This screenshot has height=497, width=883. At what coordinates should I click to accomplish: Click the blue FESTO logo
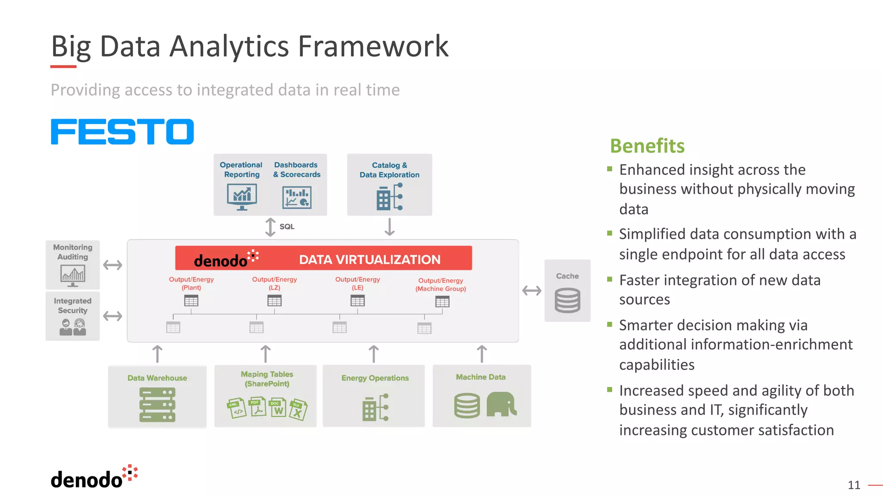122,132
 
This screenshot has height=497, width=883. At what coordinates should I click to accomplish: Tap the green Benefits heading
647,146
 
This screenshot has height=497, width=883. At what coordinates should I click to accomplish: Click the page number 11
854,485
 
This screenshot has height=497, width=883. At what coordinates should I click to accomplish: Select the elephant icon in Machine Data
501,404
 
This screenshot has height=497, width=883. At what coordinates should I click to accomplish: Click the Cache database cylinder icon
567,301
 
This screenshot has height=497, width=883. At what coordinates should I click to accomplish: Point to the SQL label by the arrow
287,227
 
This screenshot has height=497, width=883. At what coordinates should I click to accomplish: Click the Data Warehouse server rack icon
157,405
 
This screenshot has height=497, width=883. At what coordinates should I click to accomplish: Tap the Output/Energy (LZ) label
274,283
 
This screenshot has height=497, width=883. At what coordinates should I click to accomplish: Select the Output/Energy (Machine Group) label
441,284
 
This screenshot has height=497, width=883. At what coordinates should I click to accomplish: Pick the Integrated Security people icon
73,327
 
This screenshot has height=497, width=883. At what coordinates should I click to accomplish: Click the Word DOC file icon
277,408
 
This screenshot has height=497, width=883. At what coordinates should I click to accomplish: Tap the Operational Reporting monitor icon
242,197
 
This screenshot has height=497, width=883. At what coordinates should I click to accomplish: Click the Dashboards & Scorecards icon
297,198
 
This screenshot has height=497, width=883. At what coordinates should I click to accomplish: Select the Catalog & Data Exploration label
389,170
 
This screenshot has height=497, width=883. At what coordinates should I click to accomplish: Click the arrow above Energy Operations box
374,354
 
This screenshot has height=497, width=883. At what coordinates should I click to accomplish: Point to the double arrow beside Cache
532,291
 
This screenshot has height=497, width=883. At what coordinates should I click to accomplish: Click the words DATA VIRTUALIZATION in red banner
369,260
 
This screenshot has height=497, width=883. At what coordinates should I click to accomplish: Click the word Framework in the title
373,46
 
